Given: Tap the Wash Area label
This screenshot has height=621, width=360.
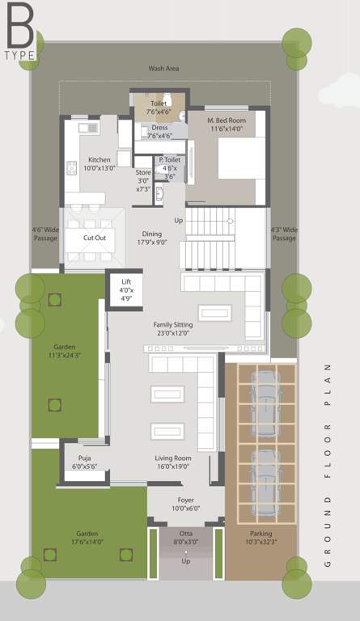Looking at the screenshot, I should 163,69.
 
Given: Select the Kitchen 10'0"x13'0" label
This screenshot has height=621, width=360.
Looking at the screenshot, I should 100,164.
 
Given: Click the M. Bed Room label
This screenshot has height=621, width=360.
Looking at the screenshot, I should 227,124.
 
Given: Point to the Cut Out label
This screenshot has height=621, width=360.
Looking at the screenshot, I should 95,239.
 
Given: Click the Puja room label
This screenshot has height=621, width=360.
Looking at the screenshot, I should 84,463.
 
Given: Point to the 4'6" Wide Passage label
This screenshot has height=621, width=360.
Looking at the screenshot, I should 46,234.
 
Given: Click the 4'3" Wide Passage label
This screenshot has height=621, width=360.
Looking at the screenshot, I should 284,234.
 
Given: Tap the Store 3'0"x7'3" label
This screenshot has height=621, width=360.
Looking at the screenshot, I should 143,180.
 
